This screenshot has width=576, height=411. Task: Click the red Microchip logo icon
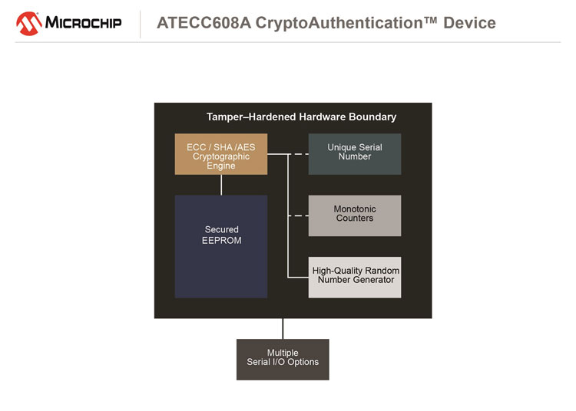28,24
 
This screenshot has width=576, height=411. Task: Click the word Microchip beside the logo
83,23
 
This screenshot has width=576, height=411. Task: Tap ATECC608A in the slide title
204,23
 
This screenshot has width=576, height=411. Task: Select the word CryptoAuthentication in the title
339,23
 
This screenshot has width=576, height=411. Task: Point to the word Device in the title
469,23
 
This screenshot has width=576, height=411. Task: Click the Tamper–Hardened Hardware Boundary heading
301,117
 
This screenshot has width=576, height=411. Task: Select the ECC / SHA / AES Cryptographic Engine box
221,154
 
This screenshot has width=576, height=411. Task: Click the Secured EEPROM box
221,246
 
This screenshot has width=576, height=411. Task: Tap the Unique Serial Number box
355,154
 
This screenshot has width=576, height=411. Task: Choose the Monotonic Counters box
355,215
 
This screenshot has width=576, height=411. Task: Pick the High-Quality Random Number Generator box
355,277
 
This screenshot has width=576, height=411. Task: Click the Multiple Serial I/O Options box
283,360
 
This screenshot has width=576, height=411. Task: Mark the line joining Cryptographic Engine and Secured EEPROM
221,185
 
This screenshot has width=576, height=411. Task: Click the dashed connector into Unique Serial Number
298,154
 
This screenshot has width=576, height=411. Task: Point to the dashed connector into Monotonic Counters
298,216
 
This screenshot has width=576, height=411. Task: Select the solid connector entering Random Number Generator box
298,277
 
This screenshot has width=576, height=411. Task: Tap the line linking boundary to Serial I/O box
283,328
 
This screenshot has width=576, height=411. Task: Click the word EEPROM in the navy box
222,241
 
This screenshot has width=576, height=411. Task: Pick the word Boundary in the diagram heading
372,117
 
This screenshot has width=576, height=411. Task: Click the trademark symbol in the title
431,19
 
